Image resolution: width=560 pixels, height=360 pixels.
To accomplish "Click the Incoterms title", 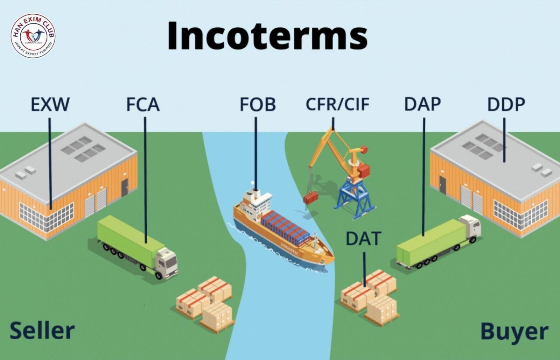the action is (267, 36).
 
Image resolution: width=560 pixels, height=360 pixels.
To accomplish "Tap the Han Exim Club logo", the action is (33, 35).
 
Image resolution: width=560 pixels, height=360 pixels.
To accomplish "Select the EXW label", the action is (50, 104).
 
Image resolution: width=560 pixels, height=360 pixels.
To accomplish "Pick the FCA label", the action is (143, 104).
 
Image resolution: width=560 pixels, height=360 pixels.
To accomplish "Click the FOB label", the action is (258, 104).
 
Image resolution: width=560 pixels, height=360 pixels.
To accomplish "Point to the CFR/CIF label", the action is (337, 104).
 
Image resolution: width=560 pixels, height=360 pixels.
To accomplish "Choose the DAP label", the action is (422, 104).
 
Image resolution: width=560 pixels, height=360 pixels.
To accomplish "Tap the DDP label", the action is (506, 104).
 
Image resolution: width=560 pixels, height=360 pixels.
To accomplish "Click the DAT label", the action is (364, 238).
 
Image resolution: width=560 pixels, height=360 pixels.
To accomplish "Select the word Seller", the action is (42, 331).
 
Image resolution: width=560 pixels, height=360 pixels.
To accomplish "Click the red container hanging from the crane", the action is (310, 198).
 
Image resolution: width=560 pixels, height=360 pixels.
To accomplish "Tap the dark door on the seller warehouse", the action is (125, 188).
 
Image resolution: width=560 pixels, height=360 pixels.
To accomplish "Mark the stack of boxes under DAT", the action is (370, 297).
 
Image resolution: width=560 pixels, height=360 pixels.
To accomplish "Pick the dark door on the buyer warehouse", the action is (442, 185).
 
